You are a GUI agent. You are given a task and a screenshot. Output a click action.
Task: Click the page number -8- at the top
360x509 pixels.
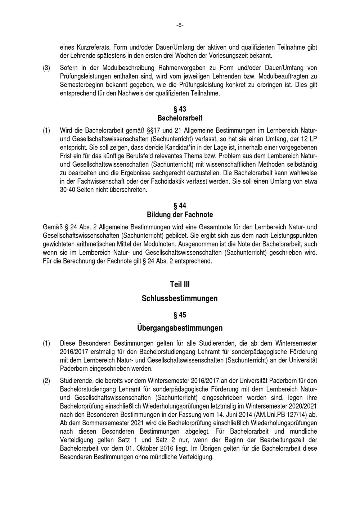click(x=180, y=25)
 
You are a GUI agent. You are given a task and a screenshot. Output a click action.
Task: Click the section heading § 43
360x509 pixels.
click(x=180, y=109)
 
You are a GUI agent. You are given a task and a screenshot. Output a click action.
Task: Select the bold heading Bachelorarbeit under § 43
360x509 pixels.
click(x=180, y=118)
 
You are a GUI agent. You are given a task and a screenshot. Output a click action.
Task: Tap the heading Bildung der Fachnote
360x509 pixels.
click(x=180, y=215)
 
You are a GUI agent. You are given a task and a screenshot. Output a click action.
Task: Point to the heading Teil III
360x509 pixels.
click(x=180, y=285)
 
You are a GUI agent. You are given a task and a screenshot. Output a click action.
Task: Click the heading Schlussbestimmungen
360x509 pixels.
click(x=180, y=299)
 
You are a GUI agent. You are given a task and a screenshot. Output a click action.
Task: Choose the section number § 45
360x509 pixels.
click(x=180, y=315)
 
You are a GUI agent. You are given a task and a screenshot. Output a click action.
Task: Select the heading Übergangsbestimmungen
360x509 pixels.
click(x=180, y=328)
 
